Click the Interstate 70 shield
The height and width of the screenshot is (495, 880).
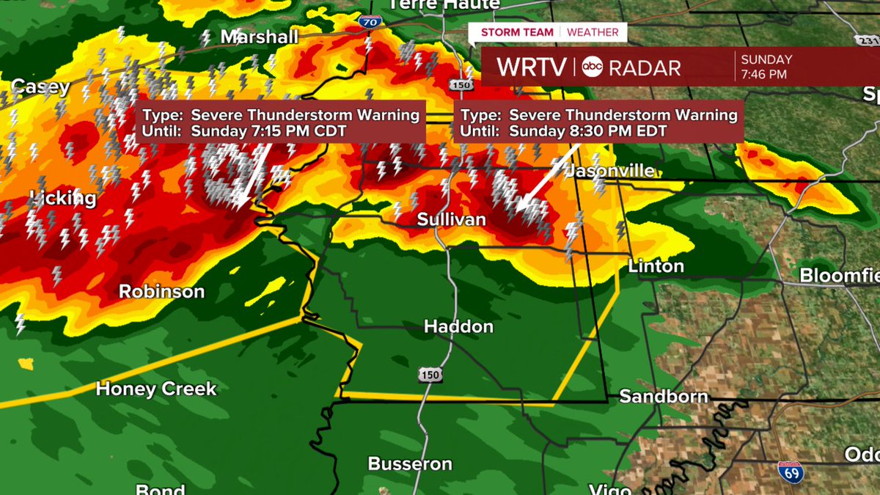click(370, 23)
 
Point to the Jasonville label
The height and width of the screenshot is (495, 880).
click(609, 171)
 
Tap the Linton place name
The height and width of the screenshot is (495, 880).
click(656, 266)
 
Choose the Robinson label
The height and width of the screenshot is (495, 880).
click(162, 291)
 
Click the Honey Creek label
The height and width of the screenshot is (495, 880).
click(156, 389)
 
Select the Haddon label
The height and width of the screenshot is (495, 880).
click(458, 326)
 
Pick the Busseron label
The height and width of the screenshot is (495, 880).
click(410, 463)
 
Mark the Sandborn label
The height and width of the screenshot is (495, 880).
click(664, 397)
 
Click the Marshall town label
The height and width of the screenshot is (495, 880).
click(260, 37)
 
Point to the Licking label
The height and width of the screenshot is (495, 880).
click(63, 198)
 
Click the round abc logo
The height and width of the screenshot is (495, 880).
click(593, 67)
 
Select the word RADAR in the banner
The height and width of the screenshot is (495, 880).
click(645, 68)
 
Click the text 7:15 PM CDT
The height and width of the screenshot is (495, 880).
click(269, 131)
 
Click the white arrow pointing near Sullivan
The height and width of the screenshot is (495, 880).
click(546, 180)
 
